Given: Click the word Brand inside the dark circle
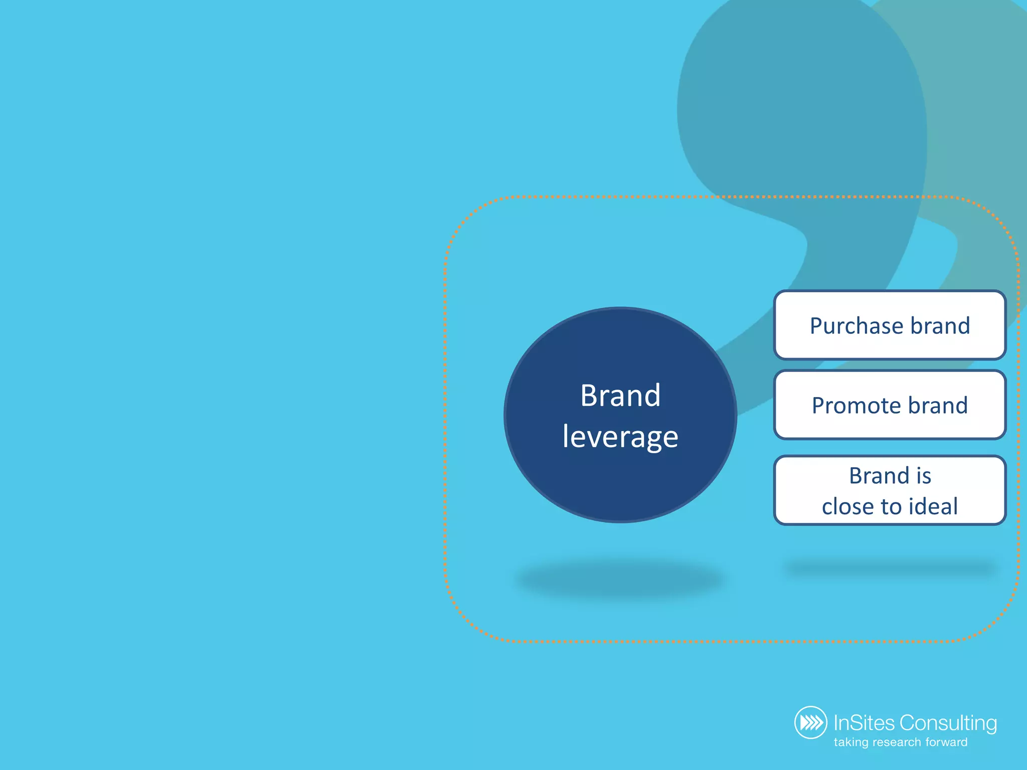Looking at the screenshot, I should (620, 396).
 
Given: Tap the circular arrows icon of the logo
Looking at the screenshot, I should (810, 722).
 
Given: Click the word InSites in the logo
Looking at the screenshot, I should (864, 723).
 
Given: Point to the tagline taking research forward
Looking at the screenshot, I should (900, 742).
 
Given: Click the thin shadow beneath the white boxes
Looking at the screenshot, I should (890, 568).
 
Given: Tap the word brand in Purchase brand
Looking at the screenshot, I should (940, 326).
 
